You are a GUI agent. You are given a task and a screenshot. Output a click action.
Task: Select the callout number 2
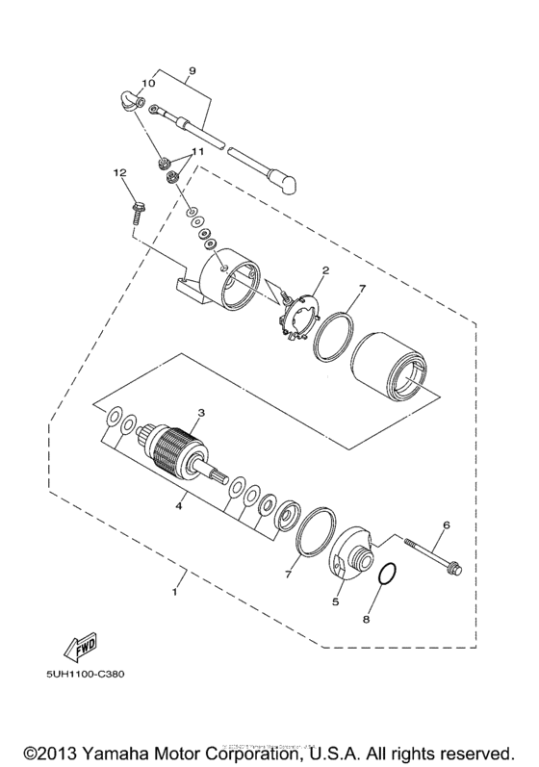[x=325, y=270]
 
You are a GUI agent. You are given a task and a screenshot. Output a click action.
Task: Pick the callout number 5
[x=336, y=602]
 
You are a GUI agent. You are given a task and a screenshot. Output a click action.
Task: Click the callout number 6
[x=446, y=524]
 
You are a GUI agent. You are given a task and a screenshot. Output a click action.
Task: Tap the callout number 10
[x=148, y=83]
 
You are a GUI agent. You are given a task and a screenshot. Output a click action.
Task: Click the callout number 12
[x=119, y=172]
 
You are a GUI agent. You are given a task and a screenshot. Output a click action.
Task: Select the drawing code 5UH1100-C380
[x=84, y=673]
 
